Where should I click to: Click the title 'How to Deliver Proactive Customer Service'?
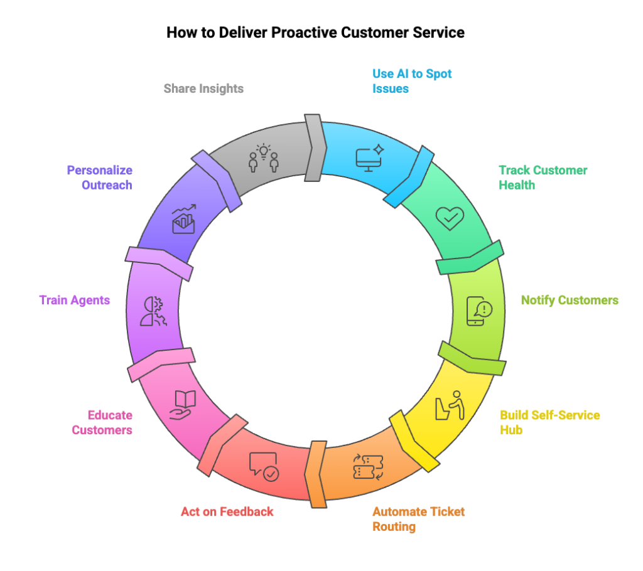tap(315, 33)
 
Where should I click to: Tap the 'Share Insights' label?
tap(203, 88)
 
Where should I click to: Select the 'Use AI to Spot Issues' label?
tap(412, 81)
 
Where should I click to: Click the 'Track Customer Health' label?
tap(543, 178)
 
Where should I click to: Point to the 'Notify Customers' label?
tap(570, 300)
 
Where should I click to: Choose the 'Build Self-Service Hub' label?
tap(549, 422)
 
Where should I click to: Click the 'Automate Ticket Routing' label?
tap(418, 519)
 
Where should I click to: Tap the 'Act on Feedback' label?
tap(227, 511)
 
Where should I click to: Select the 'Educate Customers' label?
tap(102, 422)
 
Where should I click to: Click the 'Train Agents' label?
tap(75, 300)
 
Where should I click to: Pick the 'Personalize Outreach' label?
tap(100, 178)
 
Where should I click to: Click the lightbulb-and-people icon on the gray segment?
tap(264, 157)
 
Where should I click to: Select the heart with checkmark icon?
tap(450, 218)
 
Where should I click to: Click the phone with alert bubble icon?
tap(479, 310)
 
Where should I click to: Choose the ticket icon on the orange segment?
tap(368, 466)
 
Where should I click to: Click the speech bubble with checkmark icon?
tap(264, 466)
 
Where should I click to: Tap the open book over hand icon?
tap(183, 405)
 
